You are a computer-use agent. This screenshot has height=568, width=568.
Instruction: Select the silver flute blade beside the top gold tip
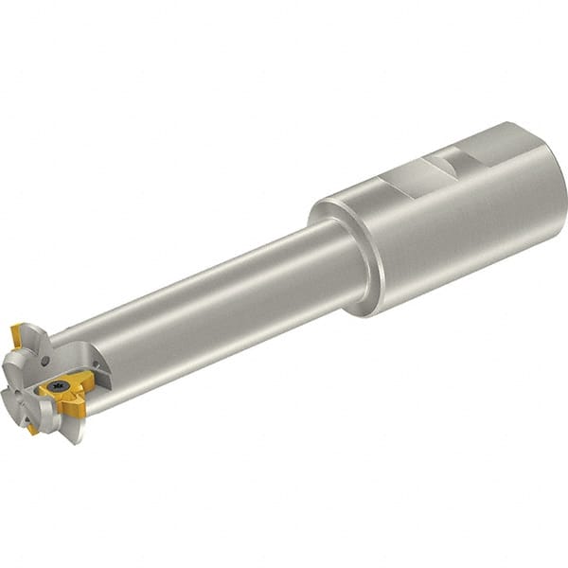pos(33,336)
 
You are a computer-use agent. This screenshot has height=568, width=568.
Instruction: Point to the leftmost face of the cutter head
pos(11,374)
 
